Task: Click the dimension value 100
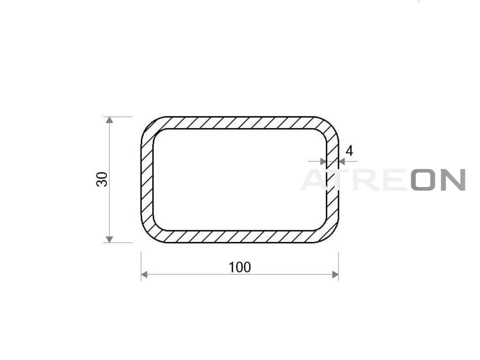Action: (x=240, y=267)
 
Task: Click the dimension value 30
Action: (x=102, y=180)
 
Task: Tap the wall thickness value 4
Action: (x=349, y=151)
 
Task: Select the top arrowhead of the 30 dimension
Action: (x=109, y=120)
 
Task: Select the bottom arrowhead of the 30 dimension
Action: (x=109, y=239)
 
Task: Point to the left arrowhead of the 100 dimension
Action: (x=144, y=275)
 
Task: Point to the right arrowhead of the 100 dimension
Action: (x=335, y=275)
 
